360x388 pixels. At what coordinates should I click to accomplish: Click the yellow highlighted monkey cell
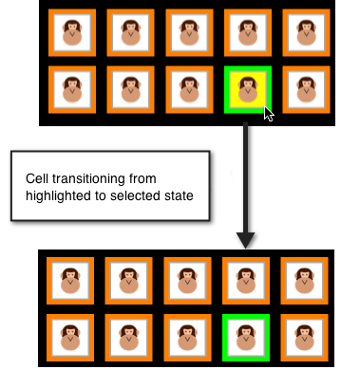point(248,89)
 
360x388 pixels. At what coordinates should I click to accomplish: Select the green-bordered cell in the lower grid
point(246,336)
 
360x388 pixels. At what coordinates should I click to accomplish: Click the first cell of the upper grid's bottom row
point(70,89)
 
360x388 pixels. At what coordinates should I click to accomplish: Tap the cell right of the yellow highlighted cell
point(306,89)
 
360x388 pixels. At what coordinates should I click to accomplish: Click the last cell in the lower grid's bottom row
point(305,336)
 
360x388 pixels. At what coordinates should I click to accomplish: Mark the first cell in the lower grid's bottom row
point(69,336)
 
